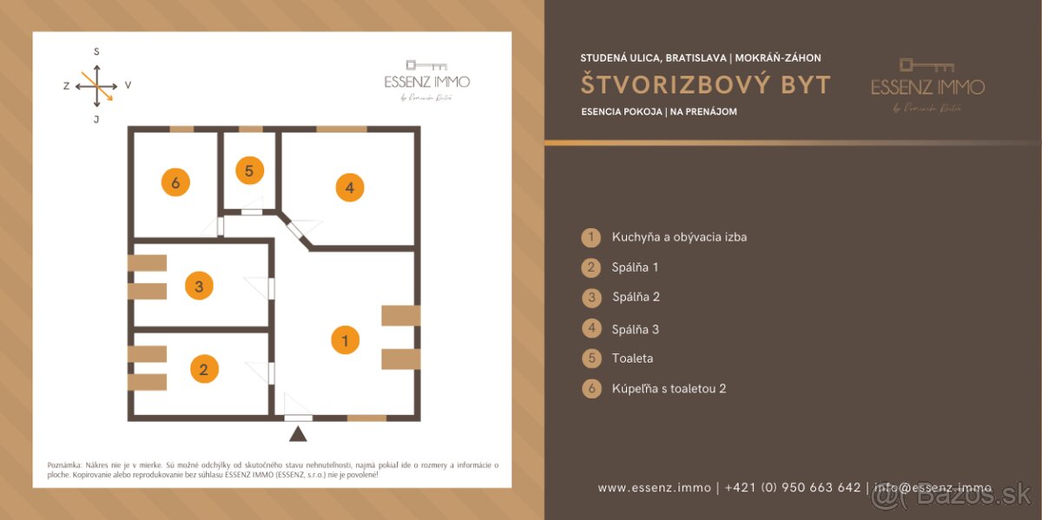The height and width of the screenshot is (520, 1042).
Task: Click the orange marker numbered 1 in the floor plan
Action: (x=346, y=340)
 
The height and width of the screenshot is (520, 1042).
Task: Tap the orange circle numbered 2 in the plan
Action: (x=204, y=369)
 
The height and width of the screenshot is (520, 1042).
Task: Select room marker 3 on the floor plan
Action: (x=199, y=286)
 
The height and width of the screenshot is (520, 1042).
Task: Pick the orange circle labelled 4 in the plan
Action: (x=349, y=187)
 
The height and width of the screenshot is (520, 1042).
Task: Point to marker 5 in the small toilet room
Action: (x=249, y=171)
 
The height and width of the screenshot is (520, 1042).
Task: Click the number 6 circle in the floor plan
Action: (x=175, y=182)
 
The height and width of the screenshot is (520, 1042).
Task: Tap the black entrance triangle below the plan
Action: (x=298, y=434)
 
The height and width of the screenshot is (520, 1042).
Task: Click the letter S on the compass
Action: (x=96, y=52)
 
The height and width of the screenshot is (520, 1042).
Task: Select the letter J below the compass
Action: (x=96, y=119)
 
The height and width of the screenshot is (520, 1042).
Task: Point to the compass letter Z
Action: (x=66, y=86)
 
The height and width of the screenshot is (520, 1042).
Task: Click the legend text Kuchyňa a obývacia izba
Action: (x=679, y=237)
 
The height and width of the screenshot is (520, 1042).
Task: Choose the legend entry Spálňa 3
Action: (x=636, y=329)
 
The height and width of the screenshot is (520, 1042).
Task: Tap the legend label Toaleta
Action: (x=632, y=359)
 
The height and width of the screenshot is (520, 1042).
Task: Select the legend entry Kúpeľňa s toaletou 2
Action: (x=669, y=389)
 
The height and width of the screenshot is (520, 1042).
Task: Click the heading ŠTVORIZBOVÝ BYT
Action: (x=706, y=85)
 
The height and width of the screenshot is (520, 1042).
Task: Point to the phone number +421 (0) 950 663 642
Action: (x=793, y=488)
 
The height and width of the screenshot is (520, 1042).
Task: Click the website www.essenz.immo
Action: (x=655, y=488)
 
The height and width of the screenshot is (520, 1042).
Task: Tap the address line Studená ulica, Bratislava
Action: (x=654, y=58)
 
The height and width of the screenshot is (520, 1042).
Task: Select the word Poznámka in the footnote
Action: (x=63, y=465)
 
